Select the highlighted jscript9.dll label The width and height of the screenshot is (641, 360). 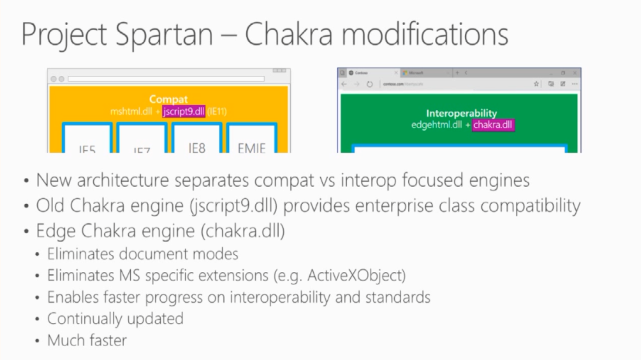pos(184,112)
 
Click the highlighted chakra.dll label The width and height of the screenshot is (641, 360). pos(493,125)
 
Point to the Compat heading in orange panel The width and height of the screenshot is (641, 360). pos(169,99)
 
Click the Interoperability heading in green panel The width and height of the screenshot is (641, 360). pos(461,113)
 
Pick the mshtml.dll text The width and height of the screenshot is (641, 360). pos(131,112)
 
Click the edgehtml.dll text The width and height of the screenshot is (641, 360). pos(436,125)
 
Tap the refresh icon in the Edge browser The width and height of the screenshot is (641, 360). pos(370,84)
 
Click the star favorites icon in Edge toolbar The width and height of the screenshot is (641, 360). pos(536,84)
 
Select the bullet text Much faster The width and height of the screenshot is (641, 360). pos(87,340)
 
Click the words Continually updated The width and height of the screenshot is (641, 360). pos(115,318)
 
